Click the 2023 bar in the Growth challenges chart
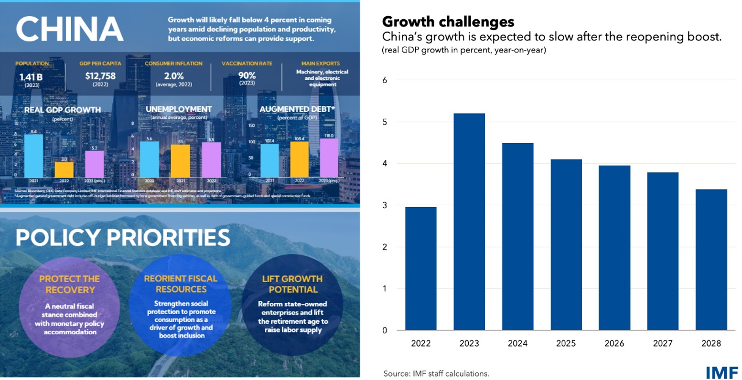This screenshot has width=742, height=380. [x=469, y=222]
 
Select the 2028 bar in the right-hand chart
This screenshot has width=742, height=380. [x=711, y=260]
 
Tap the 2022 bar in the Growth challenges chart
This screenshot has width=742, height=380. [x=420, y=268]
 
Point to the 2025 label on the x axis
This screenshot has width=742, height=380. [x=566, y=343]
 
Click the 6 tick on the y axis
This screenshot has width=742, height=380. [x=385, y=80]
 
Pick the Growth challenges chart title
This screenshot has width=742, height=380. [x=448, y=21]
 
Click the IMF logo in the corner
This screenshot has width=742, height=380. [x=721, y=372]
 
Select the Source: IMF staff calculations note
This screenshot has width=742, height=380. [x=436, y=374]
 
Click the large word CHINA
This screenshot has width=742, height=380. [x=70, y=29]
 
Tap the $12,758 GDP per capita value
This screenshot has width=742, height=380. [x=100, y=75]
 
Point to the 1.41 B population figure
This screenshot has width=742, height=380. [x=31, y=77]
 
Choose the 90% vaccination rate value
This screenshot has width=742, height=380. [x=247, y=75]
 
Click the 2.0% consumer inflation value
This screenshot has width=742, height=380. [x=174, y=76]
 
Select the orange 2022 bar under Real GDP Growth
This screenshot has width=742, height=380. [x=64, y=169]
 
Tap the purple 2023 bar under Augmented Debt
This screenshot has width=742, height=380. [x=329, y=158]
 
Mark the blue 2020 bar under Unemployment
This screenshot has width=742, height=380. [x=150, y=159]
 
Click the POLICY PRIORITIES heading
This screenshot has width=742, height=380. [x=123, y=238]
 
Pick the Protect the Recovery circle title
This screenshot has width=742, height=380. [x=70, y=284]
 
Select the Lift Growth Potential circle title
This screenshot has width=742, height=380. [x=292, y=284]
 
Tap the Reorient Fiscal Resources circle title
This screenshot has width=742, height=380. [x=181, y=284]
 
